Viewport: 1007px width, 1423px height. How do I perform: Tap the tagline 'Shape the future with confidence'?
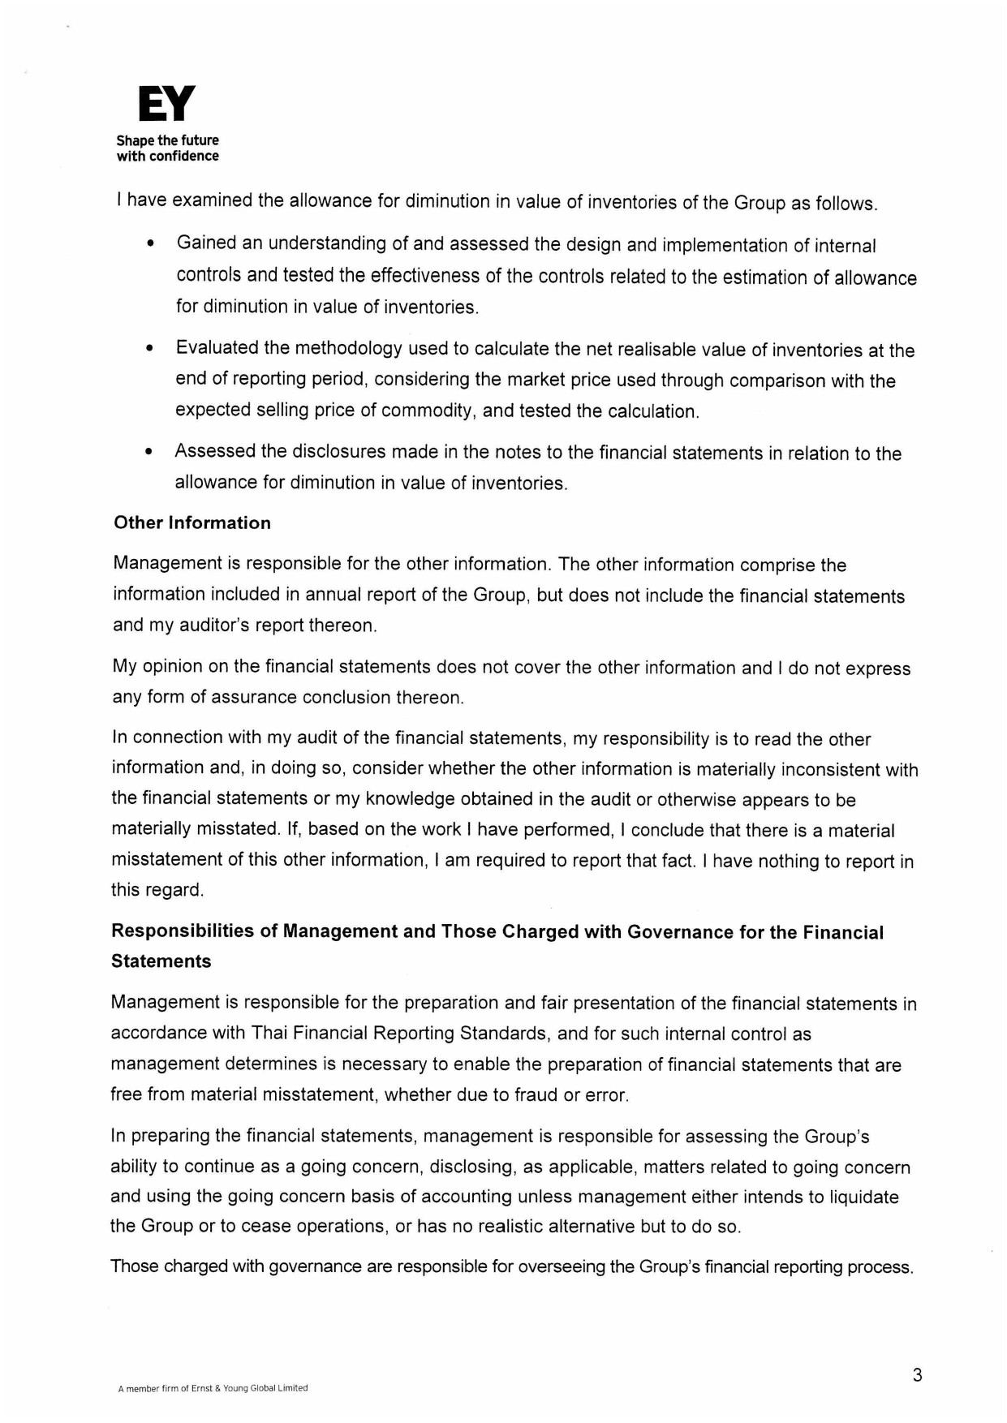point(167,148)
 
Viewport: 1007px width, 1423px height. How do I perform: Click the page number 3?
point(917,1375)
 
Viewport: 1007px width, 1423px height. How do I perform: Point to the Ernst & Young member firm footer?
point(213,1388)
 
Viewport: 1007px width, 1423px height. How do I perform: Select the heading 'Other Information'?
point(192,523)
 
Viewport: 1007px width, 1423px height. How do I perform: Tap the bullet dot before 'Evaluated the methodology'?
point(149,350)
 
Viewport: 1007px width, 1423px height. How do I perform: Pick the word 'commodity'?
point(428,411)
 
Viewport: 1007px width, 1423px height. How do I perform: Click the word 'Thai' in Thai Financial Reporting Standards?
point(269,1033)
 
